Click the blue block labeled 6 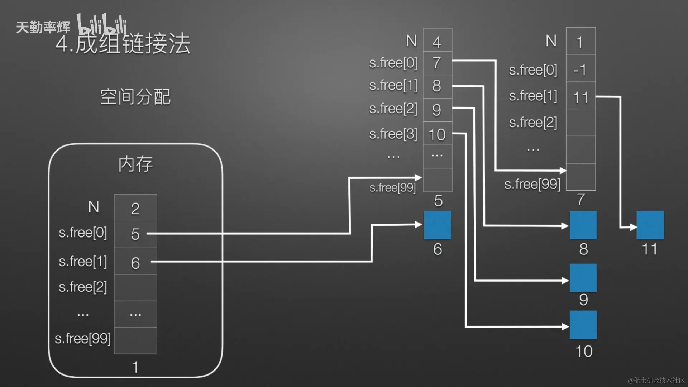pyautogui.click(x=437, y=225)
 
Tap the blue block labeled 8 pyautogui.click(x=583, y=225)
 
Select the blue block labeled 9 pyautogui.click(x=583, y=278)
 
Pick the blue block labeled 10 pyautogui.click(x=583, y=325)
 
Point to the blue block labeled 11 pyautogui.click(x=650, y=225)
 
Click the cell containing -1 pyautogui.click(x=580, y=70)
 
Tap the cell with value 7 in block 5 pyautogui.click(x=437, y=63)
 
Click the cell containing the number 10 pyautogui.click(x=437, y=134)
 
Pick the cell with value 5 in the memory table pyautogui.click(x=135, y=234)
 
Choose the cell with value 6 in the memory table pyautogui.click(x=135, y=263)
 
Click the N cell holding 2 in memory pyautogui.click(x=135, y=208)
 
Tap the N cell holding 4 pyautogui.click(x=437, y=42)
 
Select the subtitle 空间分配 pyautogui.click(x=135, y=97)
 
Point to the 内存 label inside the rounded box pyautogui.click(x=135, y=164)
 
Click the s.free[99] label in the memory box pyautogui.click(x=83, y=339)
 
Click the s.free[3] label pyautogui.click(x=393, y=134)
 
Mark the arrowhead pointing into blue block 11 pyautogui.click(x=633, y=227)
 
